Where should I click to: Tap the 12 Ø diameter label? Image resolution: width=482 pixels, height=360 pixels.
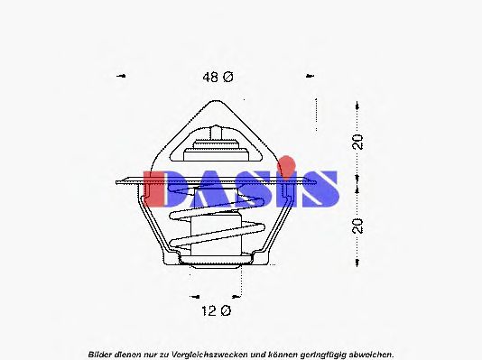(216, 311)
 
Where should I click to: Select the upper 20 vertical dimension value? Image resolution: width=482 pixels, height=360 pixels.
(358, 142)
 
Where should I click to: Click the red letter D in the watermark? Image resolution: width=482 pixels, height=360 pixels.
(166, 189)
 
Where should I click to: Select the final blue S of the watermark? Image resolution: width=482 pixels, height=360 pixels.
(319, 189)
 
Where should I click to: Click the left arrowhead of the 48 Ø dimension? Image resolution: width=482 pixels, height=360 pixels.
(122, 78)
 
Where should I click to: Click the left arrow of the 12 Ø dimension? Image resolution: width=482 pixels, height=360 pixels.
(192, 295)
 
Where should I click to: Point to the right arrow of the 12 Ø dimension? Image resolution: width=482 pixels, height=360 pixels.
(240, 295)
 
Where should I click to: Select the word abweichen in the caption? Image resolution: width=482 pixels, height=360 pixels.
(365, 352)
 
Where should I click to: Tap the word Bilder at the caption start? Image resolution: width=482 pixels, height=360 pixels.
(101, 352)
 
